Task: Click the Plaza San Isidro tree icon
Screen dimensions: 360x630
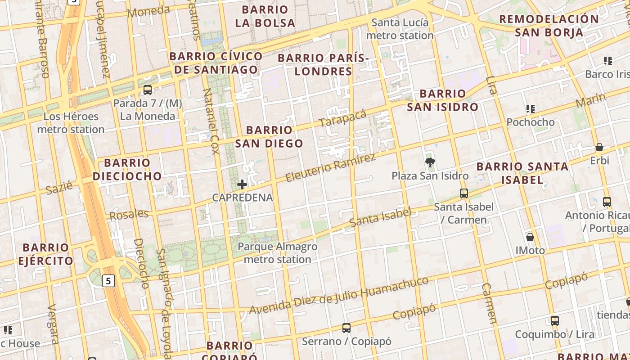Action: tap(430, 162)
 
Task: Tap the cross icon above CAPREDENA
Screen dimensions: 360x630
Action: tap(242, 184)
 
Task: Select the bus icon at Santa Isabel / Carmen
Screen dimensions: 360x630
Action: tap(464, 193)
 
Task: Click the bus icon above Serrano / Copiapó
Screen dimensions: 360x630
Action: tap(346, 328)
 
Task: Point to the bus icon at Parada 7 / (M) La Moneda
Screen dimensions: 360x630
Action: tap(148, 90)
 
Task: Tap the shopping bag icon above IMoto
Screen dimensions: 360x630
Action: tap(530, 237)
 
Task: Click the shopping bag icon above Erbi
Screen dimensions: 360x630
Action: tap(599, 147)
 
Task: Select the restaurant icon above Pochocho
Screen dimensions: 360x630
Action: tap(531, 108)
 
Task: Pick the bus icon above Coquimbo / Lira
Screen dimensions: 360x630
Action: tap(555, 321)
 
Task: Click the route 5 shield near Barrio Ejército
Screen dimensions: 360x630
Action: tap(108, 281)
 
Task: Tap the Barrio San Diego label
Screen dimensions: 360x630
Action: tap(269, 137)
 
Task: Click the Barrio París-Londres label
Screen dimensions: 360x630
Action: tap(324, 64)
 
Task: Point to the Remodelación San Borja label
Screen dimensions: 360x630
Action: tap(549, 26)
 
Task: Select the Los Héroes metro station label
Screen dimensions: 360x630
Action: tap(71, 123)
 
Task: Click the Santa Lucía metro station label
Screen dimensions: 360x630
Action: tap(400, 29)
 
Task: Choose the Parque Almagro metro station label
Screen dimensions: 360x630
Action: tap(277, 253)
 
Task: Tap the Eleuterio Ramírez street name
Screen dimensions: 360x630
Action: tap(331, 168)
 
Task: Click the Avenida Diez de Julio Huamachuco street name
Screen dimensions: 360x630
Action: tap(339, 296)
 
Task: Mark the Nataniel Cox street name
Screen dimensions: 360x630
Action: tap(211, 121)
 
